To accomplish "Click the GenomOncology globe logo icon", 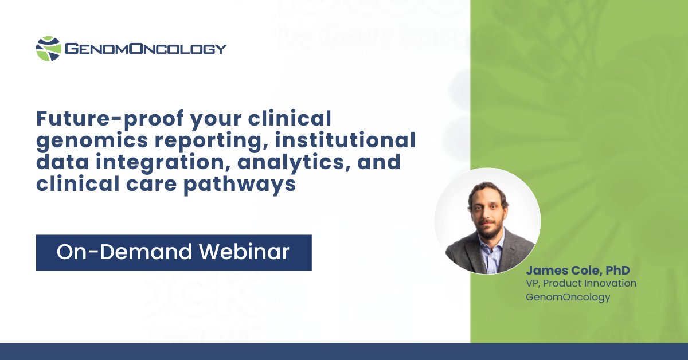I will [48, 49].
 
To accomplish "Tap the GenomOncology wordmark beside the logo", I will [146, 49].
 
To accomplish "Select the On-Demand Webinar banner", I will [174, 252].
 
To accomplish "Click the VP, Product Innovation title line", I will [581, 284].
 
